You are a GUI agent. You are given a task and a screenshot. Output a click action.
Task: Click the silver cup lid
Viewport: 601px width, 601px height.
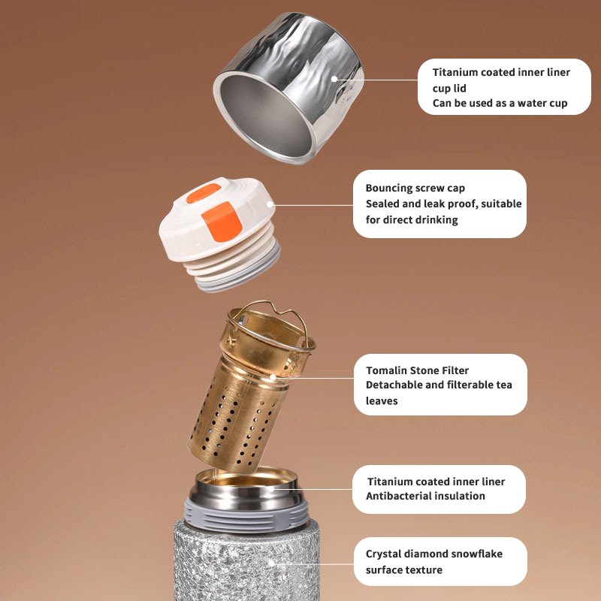(x=288, y=88)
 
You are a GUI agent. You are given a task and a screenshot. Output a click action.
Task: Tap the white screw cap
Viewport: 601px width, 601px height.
(x=219, y=234)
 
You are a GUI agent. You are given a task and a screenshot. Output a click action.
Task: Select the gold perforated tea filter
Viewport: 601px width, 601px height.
(x=251, y=387)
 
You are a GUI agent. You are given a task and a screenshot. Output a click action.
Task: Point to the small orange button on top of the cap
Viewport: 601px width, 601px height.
(x=204, y=193)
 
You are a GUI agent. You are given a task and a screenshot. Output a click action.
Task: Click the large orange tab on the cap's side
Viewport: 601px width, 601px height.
(x=222, y=222)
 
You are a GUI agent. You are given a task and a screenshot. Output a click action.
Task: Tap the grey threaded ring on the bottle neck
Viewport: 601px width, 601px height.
(x=246, y=515)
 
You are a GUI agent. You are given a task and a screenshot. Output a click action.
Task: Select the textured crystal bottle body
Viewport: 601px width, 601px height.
(x=246, y=560)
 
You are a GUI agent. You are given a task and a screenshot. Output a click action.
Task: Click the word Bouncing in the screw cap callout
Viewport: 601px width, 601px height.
(x=388, y=189)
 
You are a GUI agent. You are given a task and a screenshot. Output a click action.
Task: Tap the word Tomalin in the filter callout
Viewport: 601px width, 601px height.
(x=386, y=370)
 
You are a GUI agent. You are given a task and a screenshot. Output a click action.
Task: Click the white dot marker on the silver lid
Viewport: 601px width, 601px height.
(x=334, y=79)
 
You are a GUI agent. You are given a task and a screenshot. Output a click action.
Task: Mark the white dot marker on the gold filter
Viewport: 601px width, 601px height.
(x=273, y=377)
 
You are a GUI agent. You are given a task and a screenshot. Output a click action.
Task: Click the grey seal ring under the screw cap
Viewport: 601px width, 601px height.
(x=238, y=274)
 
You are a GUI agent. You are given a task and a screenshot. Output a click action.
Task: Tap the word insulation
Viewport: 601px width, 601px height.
(x=463, y=496)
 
